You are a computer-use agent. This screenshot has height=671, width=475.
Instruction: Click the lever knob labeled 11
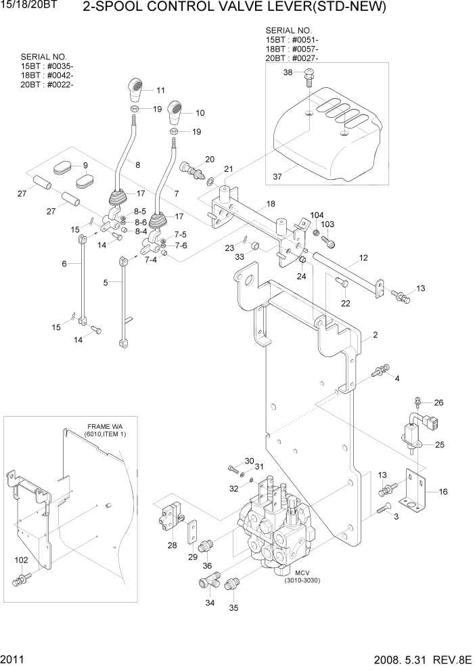[137, 89]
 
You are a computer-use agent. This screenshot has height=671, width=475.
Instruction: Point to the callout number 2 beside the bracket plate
[374, 335]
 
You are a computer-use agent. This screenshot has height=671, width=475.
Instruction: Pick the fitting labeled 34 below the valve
[208, 582]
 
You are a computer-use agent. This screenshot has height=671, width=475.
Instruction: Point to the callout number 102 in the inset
[22, 560]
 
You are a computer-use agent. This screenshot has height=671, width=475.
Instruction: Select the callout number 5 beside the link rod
[106, 283]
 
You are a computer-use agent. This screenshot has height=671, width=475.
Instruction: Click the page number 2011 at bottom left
[14, 660]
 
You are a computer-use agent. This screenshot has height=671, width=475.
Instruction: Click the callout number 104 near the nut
[317, 214]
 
